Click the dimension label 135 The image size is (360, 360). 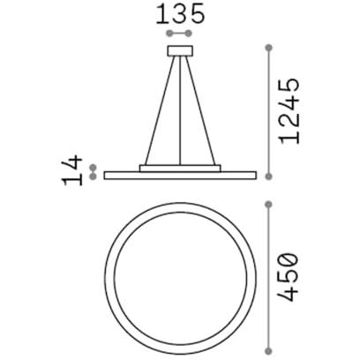(180, 15)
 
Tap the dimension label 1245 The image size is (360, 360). (289, 111)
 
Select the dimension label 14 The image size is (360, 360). (72, 170)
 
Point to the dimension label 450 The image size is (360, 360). (289, 278)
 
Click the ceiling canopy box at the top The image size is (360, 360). (180, 50)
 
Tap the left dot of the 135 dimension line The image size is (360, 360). (169, 34)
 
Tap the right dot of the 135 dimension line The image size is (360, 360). (189, 34)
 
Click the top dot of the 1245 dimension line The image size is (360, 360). (268, 48)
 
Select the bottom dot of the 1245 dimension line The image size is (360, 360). (268, 176)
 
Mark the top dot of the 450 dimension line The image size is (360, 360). (268, 205)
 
